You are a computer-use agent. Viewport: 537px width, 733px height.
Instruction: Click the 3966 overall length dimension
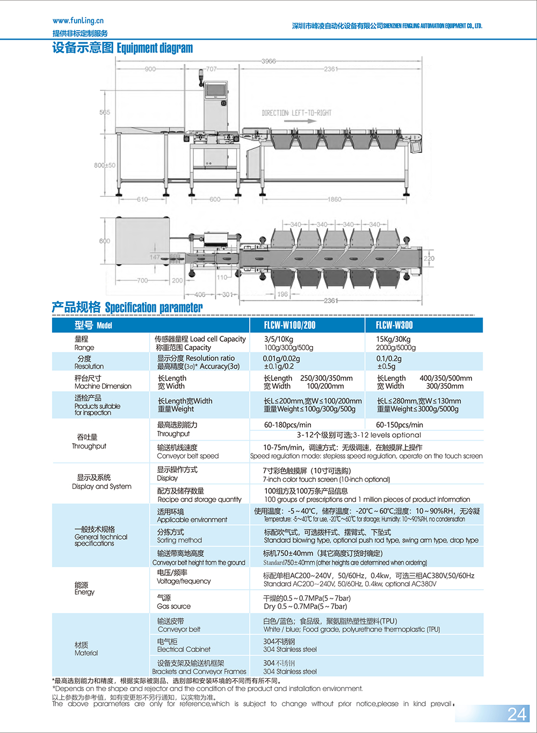(268, 61)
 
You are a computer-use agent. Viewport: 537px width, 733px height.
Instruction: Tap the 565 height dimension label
(105, 112)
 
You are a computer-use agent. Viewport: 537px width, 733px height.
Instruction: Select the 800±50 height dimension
(105, 165)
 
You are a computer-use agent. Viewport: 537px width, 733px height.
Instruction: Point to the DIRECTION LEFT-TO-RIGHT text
(296, 113)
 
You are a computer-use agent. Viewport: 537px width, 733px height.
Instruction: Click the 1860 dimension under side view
(334, 199)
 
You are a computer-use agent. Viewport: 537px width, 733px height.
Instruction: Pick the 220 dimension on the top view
(429, 259)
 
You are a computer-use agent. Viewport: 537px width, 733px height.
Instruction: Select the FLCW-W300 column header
(394, 325)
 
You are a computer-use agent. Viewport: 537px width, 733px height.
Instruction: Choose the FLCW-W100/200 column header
(289, 325)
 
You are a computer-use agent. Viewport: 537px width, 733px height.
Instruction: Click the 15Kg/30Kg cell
(393, 339)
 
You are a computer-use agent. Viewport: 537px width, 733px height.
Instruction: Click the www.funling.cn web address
(78, 20)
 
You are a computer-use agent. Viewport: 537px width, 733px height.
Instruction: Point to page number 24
(517, 714)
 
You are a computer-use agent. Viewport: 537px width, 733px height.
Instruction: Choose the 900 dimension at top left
(150, 69)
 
